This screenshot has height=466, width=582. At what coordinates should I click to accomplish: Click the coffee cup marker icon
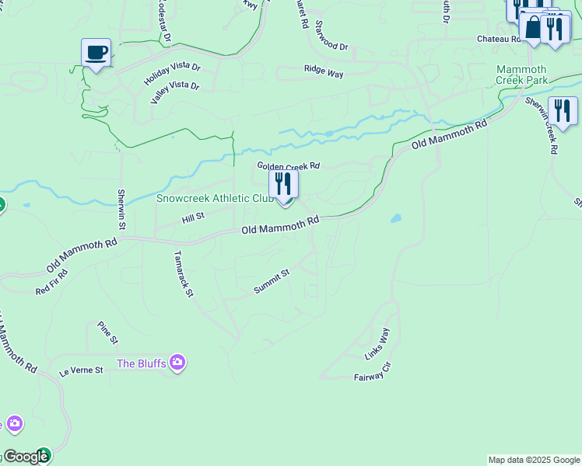(x=96, y=53)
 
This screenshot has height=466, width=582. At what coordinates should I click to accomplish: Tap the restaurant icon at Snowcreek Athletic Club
(x=283, y=185)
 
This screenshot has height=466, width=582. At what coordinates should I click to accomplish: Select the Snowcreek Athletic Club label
(x=215, y=199)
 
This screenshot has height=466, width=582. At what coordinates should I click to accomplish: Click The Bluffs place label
(x=142, y=363)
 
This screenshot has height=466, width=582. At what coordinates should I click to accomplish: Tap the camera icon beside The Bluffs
(x=178, y=363)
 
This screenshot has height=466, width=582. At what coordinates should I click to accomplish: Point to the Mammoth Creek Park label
(x=521, y=75)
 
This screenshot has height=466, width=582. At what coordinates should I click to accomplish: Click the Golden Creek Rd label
(x=289, y=166)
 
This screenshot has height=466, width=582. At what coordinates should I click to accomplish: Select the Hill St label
(x=192, y=218)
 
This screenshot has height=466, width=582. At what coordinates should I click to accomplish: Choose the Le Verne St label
(x=82, y=371)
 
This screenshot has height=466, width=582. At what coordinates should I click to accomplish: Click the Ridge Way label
(x=324, y=71)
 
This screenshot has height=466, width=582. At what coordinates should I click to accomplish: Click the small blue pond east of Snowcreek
(x=396, y=219)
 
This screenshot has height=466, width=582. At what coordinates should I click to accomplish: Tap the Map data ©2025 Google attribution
(x=534, y=460)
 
